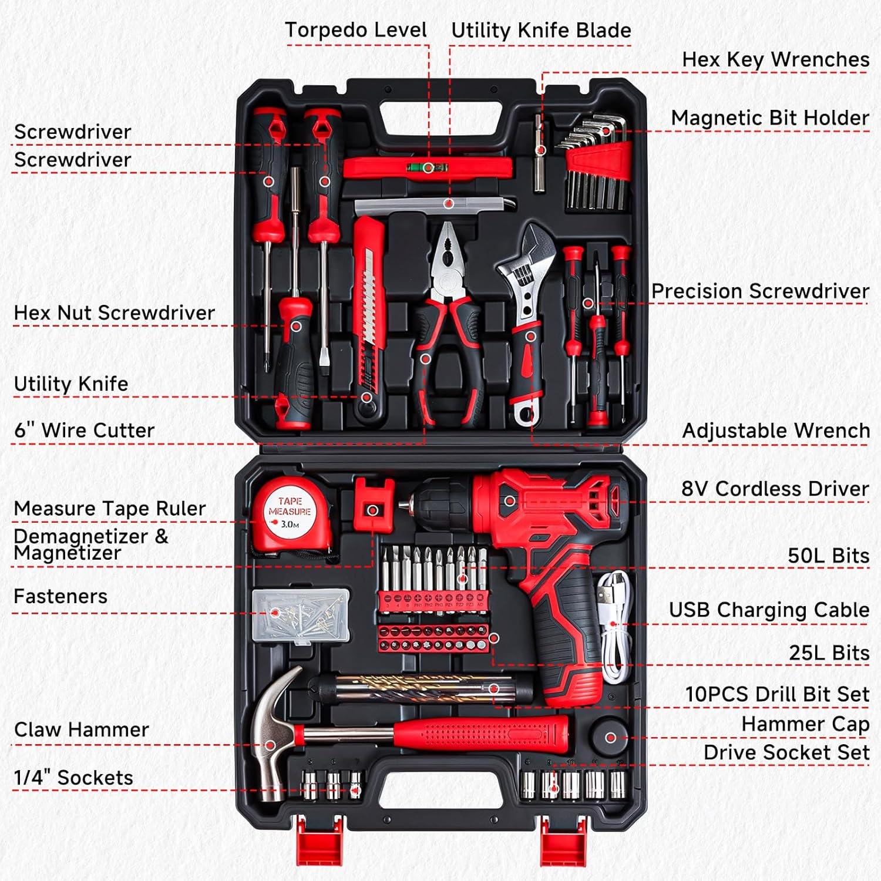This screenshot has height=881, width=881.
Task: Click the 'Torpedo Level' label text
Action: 356,30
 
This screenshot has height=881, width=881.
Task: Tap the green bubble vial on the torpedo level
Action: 428,168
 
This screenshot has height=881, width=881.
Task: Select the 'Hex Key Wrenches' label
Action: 775,59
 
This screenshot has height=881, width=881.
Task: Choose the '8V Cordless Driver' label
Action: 775,489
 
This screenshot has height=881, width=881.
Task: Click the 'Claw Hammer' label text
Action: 82,729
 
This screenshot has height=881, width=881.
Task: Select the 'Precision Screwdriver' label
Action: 760,291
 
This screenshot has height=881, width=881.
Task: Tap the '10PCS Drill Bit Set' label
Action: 777,694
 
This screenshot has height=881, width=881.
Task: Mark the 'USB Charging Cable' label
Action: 769,610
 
